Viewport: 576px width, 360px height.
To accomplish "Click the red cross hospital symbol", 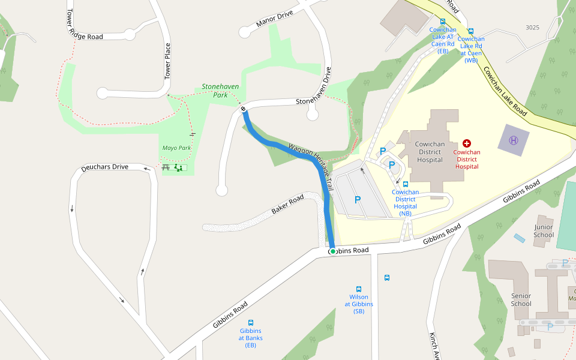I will [x=467, y=143].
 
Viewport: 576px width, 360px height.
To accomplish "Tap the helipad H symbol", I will [x=514, y=140].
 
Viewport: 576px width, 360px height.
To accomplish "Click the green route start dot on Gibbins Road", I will [x=332, y=251].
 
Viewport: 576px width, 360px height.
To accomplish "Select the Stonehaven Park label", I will [x=220, y=91].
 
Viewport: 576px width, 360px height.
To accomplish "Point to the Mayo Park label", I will [x=176, y=148].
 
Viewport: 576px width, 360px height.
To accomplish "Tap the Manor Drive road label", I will [x=274, y=19].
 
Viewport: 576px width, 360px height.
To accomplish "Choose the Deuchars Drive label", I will [x=104, y=167].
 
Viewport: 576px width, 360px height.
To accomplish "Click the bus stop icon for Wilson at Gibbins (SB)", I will [x=359, y=289].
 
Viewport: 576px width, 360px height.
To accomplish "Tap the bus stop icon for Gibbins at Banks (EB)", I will [x=251, y=323].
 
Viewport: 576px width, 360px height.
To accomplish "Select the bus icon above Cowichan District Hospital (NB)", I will [x=406, y=184].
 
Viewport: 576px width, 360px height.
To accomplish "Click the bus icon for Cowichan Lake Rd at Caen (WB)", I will [x=471, y=31].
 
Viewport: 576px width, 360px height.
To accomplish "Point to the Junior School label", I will [x=544, y=231].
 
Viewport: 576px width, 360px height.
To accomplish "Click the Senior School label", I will [x=521, y=299].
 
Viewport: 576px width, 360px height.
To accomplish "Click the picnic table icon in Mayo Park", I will [x=166, y=167].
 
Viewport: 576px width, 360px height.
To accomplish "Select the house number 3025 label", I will [x=532, y=28].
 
